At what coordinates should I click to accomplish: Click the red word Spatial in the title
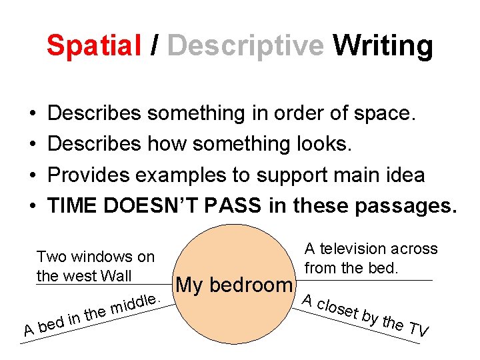click(x=93, y=45)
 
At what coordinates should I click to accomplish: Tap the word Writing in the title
click(x=383, y=45)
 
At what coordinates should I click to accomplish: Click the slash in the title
click(x=155, y=45)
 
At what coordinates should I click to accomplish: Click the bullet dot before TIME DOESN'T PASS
click(x=31, y=206)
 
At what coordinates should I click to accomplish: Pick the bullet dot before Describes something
click(x=31, y=114)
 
